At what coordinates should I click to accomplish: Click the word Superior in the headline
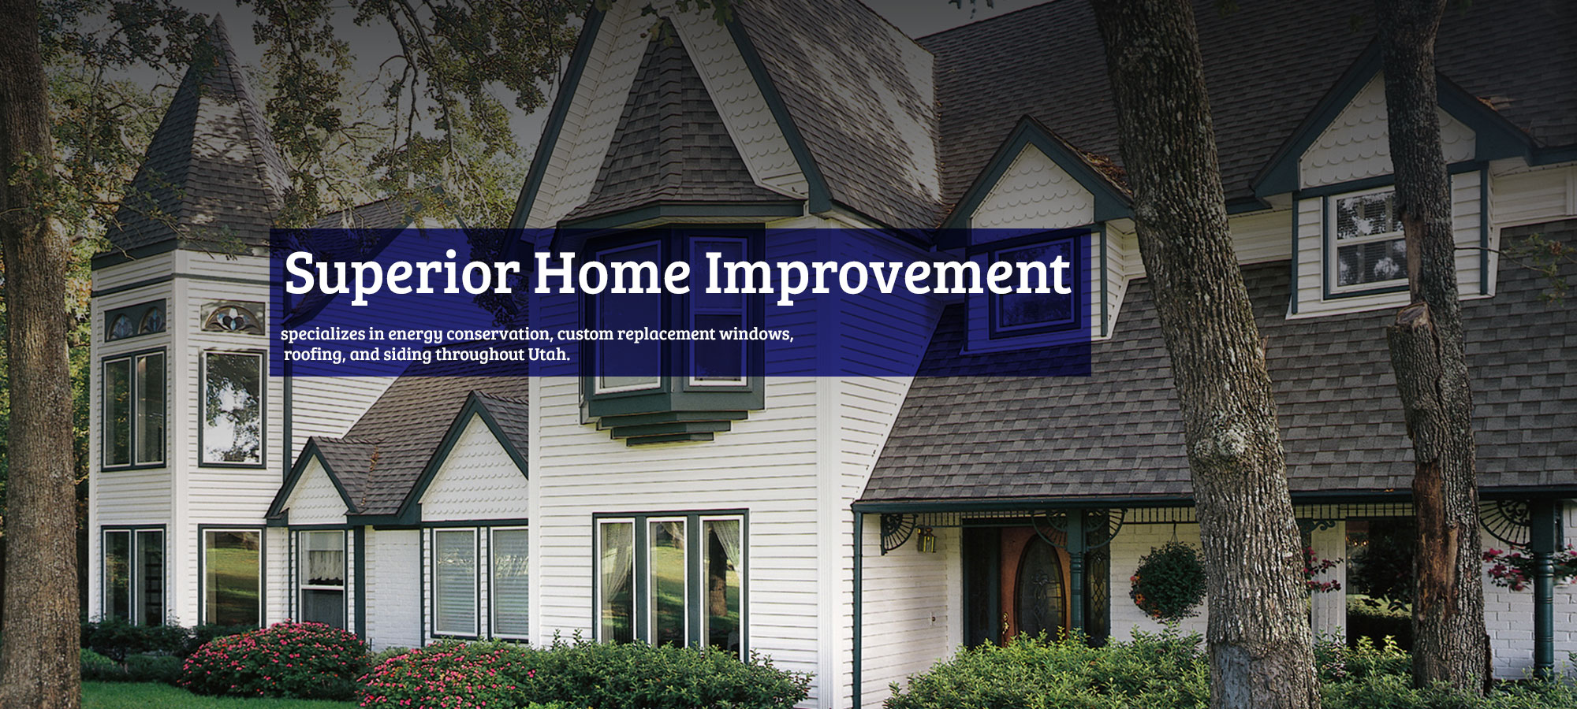tap(401, 273)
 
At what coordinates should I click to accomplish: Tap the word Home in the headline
tap(612, 273)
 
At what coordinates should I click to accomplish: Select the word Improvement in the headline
tap(887, 273)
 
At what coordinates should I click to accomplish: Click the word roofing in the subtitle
tap(313, 355)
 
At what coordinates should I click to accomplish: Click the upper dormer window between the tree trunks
tap(1366, 240)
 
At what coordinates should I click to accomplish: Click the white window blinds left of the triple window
tap(480, 581)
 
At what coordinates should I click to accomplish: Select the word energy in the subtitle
tap(416, 335)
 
